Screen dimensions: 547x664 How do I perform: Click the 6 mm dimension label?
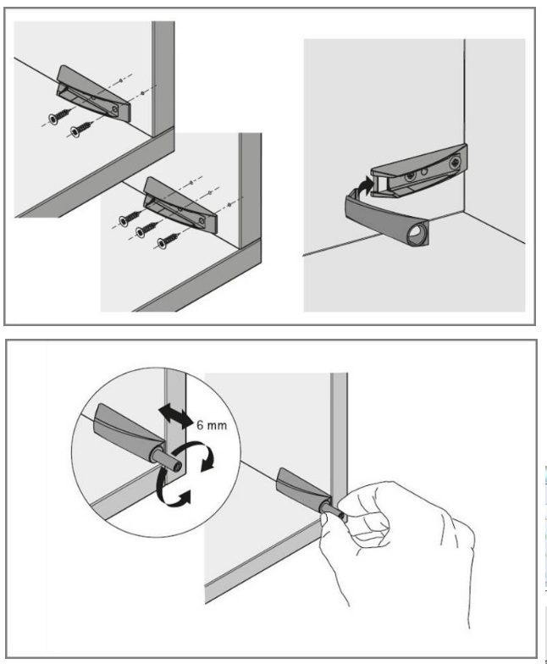[x=212, y=424]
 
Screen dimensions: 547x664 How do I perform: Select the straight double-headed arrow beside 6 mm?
[x=174, y=417]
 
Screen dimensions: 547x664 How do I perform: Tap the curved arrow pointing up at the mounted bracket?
[x=363, y=186]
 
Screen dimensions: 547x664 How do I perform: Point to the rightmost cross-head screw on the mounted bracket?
[x=456, y=161]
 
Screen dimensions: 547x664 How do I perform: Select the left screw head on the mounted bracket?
[x=410, y=176]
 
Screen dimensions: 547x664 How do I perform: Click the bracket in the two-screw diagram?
[x=94, y=94]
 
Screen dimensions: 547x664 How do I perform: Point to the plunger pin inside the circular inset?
[x=169, y=461]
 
